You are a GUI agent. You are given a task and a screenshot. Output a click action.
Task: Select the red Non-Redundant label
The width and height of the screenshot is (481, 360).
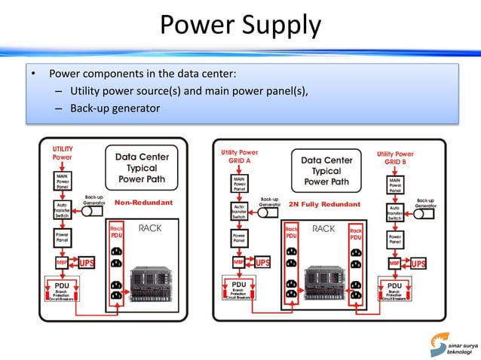click(143, 203)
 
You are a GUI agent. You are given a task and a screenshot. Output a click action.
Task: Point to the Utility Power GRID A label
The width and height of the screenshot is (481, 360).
click(239, 156)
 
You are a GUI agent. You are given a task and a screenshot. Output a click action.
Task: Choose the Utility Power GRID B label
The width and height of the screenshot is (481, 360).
click(395, 158)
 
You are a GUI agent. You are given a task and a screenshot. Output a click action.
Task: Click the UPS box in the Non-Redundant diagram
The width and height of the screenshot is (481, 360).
click(87, 263)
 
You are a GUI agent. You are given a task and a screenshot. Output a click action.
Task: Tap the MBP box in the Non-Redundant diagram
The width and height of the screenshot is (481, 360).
click(62, 263)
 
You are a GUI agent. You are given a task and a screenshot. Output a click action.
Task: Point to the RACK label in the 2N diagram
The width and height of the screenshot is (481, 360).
click(323, 228)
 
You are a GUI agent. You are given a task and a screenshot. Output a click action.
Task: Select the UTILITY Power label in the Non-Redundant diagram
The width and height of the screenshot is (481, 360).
click(63, 154)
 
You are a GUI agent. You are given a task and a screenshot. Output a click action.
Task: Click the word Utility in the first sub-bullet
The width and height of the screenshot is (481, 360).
click(85, 93)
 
